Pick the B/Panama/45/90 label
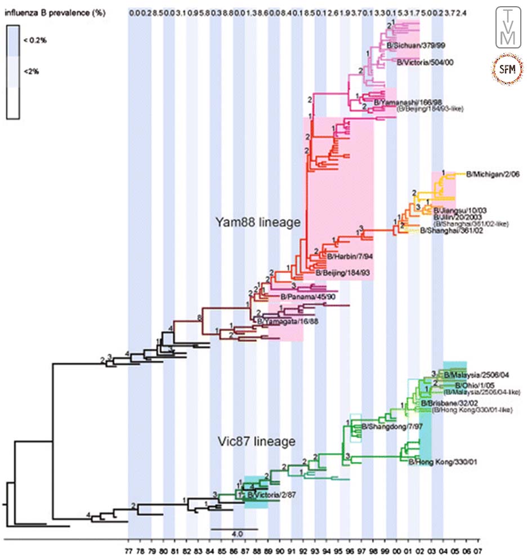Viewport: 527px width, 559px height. point(302,296)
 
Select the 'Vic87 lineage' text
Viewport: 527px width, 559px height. point(257,441)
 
